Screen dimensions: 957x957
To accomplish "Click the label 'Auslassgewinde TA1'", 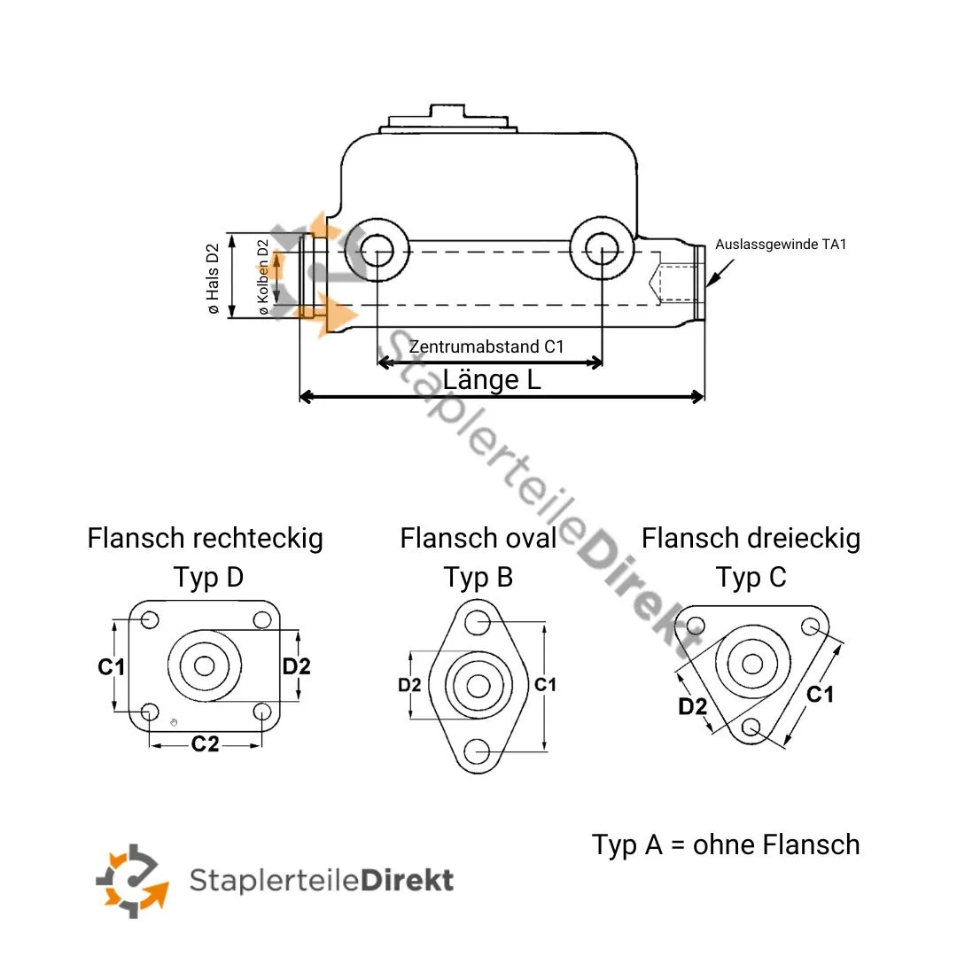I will (x=781, y=244).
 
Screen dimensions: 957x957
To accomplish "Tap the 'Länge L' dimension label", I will (x=492, y=380).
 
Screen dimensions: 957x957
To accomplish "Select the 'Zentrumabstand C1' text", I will (x=486, y=346).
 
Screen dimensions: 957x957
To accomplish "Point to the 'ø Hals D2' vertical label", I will (x=213, y=278).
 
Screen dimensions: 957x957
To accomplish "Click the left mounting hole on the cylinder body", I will (x=377, y=249).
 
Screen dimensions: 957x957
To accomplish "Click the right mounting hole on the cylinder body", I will (x=602, y=249).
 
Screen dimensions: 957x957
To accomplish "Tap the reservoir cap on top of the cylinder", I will (x=451, y=118).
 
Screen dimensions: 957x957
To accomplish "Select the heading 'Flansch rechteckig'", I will (x=206, y=538).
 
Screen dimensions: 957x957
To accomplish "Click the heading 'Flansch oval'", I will (x=478, y=538).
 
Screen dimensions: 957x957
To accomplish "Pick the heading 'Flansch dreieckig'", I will (x=751, y=538).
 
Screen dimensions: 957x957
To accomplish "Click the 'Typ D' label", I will (x=208, y=578).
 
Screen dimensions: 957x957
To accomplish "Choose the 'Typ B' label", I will (x=478, y=578).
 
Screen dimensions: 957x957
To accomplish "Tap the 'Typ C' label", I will (x=751, y=578).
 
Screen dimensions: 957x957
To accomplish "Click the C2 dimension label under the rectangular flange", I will (x=205, y=744).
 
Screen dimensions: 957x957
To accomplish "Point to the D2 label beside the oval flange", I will (x=409, y=685).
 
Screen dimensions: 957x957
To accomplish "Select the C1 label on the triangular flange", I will (x=820, y=695).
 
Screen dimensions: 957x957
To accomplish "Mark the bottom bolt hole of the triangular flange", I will (x=752, y=727).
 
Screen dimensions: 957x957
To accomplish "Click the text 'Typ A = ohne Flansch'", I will (x=726, y=844).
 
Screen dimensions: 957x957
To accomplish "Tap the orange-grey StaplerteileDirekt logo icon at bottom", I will (x=132, y=880).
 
